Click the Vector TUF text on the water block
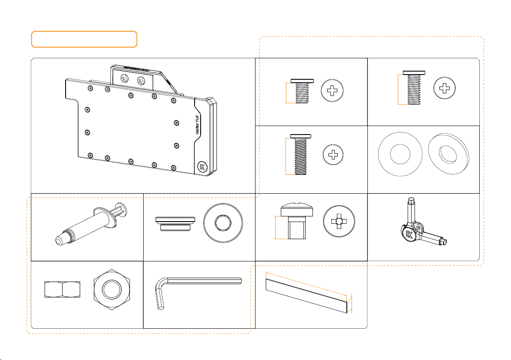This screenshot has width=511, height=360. (x=198, y=124)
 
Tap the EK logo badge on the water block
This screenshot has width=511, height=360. (x=202, y=167)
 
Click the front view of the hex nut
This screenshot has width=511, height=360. (x=112, y=289)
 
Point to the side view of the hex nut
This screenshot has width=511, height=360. (x=62, y=290)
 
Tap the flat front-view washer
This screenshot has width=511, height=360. (x=400, y=154)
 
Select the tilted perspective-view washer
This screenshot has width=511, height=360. (x=448, y=154)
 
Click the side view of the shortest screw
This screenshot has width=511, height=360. (x=302, y=91)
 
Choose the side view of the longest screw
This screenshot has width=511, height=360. (x=301, y=154)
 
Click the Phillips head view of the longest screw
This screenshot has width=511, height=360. (x=333, y=154)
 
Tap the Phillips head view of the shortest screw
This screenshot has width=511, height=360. (x=332, y=90)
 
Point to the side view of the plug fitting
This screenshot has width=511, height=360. (x=175, y=224)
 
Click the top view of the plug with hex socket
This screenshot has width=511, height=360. (x=223, y=223)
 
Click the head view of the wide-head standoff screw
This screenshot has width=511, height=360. (x=339, y=221)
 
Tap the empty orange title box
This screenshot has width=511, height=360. (x=84, y=39)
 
